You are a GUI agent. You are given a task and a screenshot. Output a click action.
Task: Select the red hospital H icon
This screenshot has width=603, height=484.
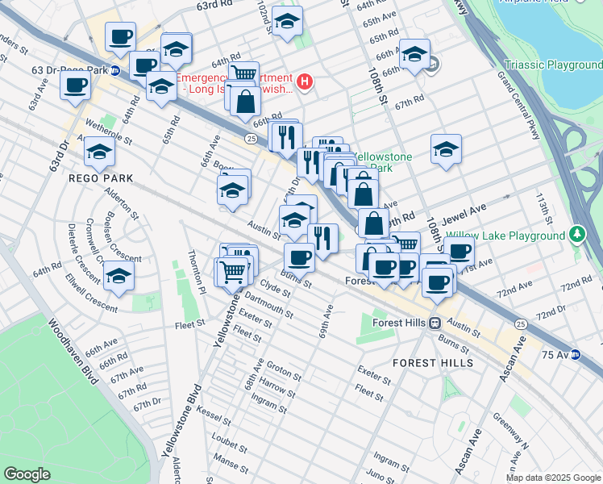(x=305, y=81)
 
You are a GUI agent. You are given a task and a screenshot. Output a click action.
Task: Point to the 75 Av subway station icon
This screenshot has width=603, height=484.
(x=576, y=354)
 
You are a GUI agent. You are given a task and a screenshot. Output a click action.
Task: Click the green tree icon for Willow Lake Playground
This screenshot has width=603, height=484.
(x=576, y=235)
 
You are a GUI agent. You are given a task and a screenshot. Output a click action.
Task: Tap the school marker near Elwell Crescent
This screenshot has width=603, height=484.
(x=119, y=274)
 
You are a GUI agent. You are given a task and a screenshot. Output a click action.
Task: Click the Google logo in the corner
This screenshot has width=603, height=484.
(x=27, y=474)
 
